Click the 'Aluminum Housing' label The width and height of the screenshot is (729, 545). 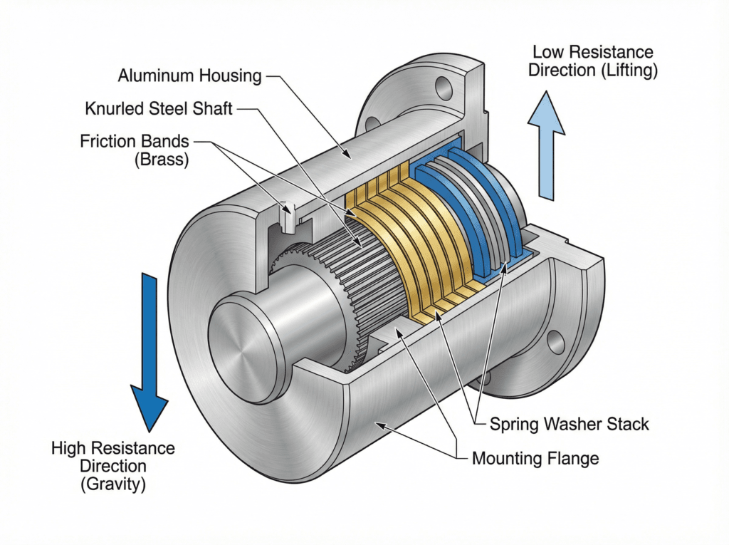coord(189,76)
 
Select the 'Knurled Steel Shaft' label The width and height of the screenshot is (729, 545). coord(159,108)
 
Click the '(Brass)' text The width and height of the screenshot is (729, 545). coord(162,160)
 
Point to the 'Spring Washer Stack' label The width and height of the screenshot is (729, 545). coord(569,424)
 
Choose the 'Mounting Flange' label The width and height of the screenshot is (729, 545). coord(535,458)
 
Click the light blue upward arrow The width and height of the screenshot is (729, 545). coord(546,145)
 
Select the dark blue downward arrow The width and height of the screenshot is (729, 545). coord(150,353)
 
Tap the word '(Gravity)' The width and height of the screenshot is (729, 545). coord(113,484)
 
